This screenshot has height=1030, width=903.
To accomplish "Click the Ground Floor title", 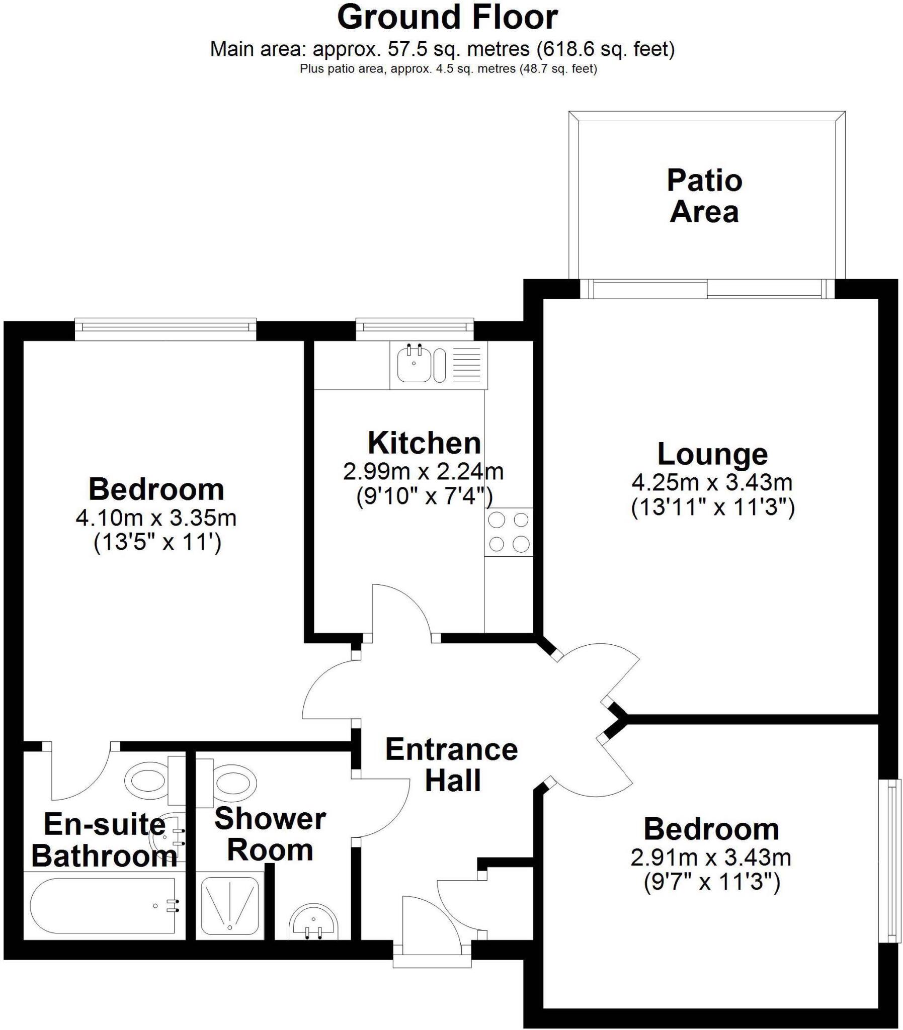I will [x=447, y=18].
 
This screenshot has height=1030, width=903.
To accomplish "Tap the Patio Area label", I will [x=704, y=196].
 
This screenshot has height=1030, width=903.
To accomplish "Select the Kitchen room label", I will [x=424, y=443].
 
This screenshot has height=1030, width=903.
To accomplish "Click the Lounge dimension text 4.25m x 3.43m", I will [x=712, y=482].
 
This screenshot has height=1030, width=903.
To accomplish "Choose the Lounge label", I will [x=712, y=454].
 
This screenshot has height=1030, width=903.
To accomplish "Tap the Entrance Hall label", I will [x=452, y=765].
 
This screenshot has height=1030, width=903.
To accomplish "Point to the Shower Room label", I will [x=270, y=834].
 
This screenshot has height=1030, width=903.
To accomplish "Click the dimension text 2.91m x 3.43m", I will [x=710, y=857].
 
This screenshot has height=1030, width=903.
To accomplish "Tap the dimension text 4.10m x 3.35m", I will [x=156, y=518].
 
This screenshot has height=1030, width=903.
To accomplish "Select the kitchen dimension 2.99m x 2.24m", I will [x=423, y=471].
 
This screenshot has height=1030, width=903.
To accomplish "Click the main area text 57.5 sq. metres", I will [x=442, y=49].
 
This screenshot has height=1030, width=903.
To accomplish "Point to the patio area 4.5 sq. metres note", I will [x=448, y=68].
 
